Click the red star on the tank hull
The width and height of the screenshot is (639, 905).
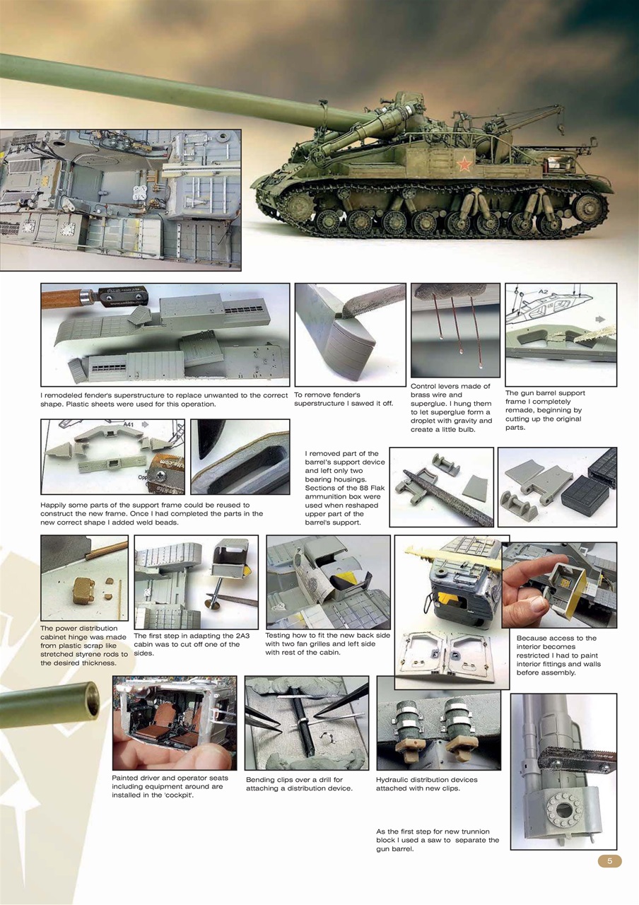pyautogui.click(x=464, y=165)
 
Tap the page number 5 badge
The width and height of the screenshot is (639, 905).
pyautogui.click(x=609, y=860)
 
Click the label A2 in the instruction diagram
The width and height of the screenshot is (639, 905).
pyautogui.click(x=543, y=291)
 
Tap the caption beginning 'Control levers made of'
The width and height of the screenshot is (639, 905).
pyautogui.click(x=451, y=408)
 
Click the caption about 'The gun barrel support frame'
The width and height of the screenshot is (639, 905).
pyautogui.click(x=545, y=410)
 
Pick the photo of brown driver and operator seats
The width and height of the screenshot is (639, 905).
pyautogui.click(x=175, y=723)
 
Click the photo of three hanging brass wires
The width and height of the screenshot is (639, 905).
pyautogui.click(x=455, y=330)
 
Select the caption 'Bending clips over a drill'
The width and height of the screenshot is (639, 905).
pyautogui.click(x=298, y=784)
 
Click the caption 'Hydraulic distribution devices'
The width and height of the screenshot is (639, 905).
pyautogui.click(x=426, y=784)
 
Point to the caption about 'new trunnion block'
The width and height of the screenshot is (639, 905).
pyautogui.click(x=438, y=840)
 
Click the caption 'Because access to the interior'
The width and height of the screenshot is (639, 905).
pyautogui.click(x=556, y=655)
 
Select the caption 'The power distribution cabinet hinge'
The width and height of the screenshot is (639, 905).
pyautogui.click(x=83, y=646)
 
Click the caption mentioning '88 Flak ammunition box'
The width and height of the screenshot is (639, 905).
pyautogui.click(x=345, y=488)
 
